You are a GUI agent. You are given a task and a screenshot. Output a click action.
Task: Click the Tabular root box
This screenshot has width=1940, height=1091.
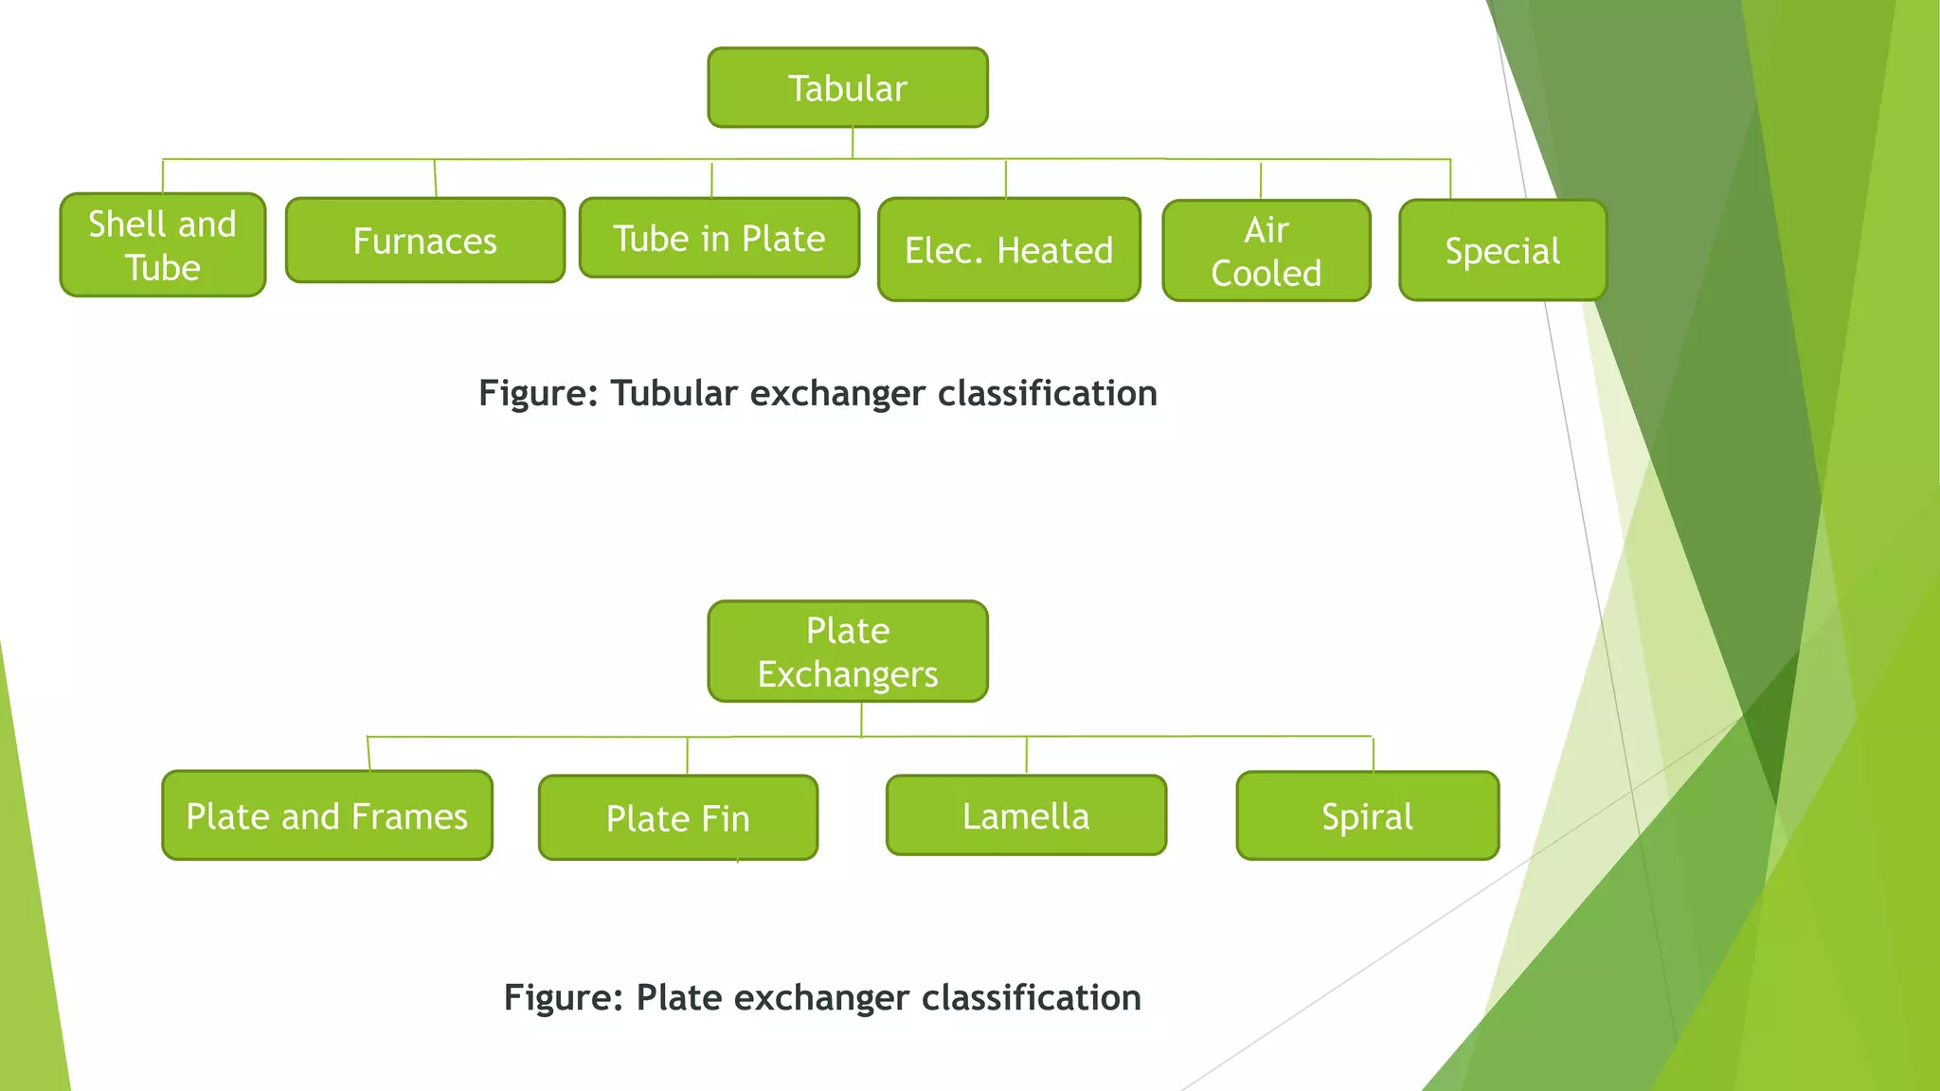(848, 88)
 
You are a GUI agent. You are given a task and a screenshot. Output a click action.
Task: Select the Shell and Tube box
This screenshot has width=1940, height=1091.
(162, 245)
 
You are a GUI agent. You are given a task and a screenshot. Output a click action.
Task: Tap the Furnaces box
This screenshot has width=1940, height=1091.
(424, 241)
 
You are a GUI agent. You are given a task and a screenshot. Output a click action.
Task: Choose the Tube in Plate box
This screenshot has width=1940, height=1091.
(719, 239)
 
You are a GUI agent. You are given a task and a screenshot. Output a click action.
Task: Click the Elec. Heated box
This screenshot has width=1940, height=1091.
(1009, 250)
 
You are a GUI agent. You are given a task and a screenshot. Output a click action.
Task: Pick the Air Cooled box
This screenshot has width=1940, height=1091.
(1266, 251)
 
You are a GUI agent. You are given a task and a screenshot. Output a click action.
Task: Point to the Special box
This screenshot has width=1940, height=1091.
(1502, 251)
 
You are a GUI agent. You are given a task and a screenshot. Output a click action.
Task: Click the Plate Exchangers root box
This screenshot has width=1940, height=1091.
(848, 652)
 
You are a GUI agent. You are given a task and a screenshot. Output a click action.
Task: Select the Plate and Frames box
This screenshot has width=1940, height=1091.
(327, 816)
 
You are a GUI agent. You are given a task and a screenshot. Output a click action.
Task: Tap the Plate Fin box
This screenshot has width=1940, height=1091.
(678, 818)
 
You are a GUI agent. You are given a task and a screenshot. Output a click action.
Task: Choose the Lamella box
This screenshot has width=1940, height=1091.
(1026, 815)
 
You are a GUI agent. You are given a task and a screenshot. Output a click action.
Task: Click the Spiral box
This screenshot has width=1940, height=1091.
(1367, 816)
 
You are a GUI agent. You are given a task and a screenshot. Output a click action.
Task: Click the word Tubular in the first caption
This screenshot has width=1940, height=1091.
(674, 394)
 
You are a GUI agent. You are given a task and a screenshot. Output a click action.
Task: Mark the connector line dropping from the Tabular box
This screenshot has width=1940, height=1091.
(853, 143)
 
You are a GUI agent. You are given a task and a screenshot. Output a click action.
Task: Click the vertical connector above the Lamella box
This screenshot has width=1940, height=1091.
(1027, 756)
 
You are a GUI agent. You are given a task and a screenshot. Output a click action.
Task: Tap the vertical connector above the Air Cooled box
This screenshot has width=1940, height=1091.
(1261, 181)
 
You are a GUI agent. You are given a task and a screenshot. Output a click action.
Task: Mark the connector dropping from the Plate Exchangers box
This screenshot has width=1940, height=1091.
(861, 719)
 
